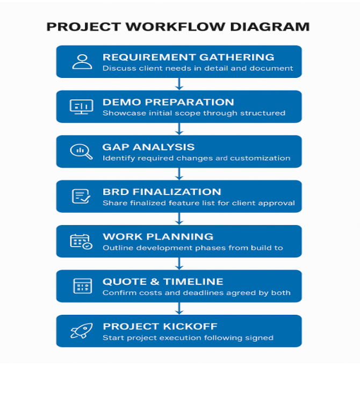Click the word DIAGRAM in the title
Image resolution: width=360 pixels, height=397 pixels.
click(270, 27)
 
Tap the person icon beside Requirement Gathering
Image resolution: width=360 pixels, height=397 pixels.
click(82, 62)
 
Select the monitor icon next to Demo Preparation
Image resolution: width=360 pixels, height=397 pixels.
click(82, 107)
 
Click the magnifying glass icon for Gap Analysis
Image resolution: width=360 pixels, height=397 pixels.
click(81, 151)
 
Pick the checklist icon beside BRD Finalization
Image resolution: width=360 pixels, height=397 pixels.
click(81, 196)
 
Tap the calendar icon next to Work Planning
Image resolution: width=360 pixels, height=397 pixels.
click(81, 242)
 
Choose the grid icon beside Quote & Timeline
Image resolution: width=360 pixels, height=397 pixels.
click(83, 286)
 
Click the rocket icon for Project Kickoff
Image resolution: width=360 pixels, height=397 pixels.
click(82, 331)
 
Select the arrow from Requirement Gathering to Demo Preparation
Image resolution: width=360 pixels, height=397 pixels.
click(179, 84)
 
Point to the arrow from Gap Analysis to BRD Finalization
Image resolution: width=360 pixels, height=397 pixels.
click(179, 174)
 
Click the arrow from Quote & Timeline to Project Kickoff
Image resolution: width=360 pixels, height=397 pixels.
click(179, 308)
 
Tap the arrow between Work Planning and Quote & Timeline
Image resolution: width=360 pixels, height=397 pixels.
click(179, 264)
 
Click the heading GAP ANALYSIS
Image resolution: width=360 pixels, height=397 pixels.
click(148, 147)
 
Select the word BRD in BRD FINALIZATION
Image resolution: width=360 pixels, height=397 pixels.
click(116, 192)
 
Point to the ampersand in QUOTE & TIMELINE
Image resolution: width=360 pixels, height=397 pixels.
click(155, 282)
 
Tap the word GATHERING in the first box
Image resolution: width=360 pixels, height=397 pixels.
click(236, 57)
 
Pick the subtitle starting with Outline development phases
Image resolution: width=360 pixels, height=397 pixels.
click(193, 248)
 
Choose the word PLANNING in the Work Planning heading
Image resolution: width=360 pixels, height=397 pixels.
click(180, 237)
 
